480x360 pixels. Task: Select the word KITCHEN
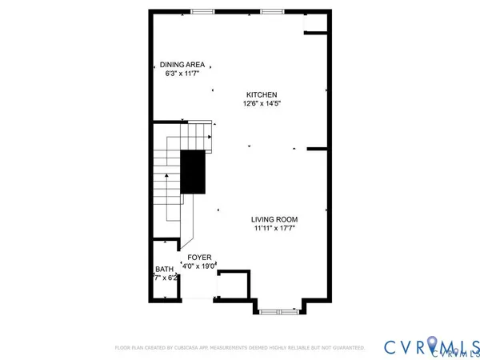click(x=262, y=94)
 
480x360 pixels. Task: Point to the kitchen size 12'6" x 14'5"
click(x=262, y=103)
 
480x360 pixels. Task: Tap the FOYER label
click(x=199, y=258)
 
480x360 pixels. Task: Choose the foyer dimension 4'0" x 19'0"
click(x=199, y=266)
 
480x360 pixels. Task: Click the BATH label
click(x=164, y=270)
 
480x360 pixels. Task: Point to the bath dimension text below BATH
click(x=164, y=278)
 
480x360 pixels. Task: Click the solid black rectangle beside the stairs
click(x=192, y=171)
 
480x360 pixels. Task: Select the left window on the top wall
click(x=202, y=11)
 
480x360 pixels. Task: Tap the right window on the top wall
click(x=271, y=11)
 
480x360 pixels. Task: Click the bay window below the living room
click(x=279, y=307)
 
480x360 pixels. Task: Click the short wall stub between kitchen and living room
click(x=318, y=148)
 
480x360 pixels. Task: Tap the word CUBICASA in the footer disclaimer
click(x=198, y=348)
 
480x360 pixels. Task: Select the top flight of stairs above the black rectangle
click(x=199, y=135)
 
